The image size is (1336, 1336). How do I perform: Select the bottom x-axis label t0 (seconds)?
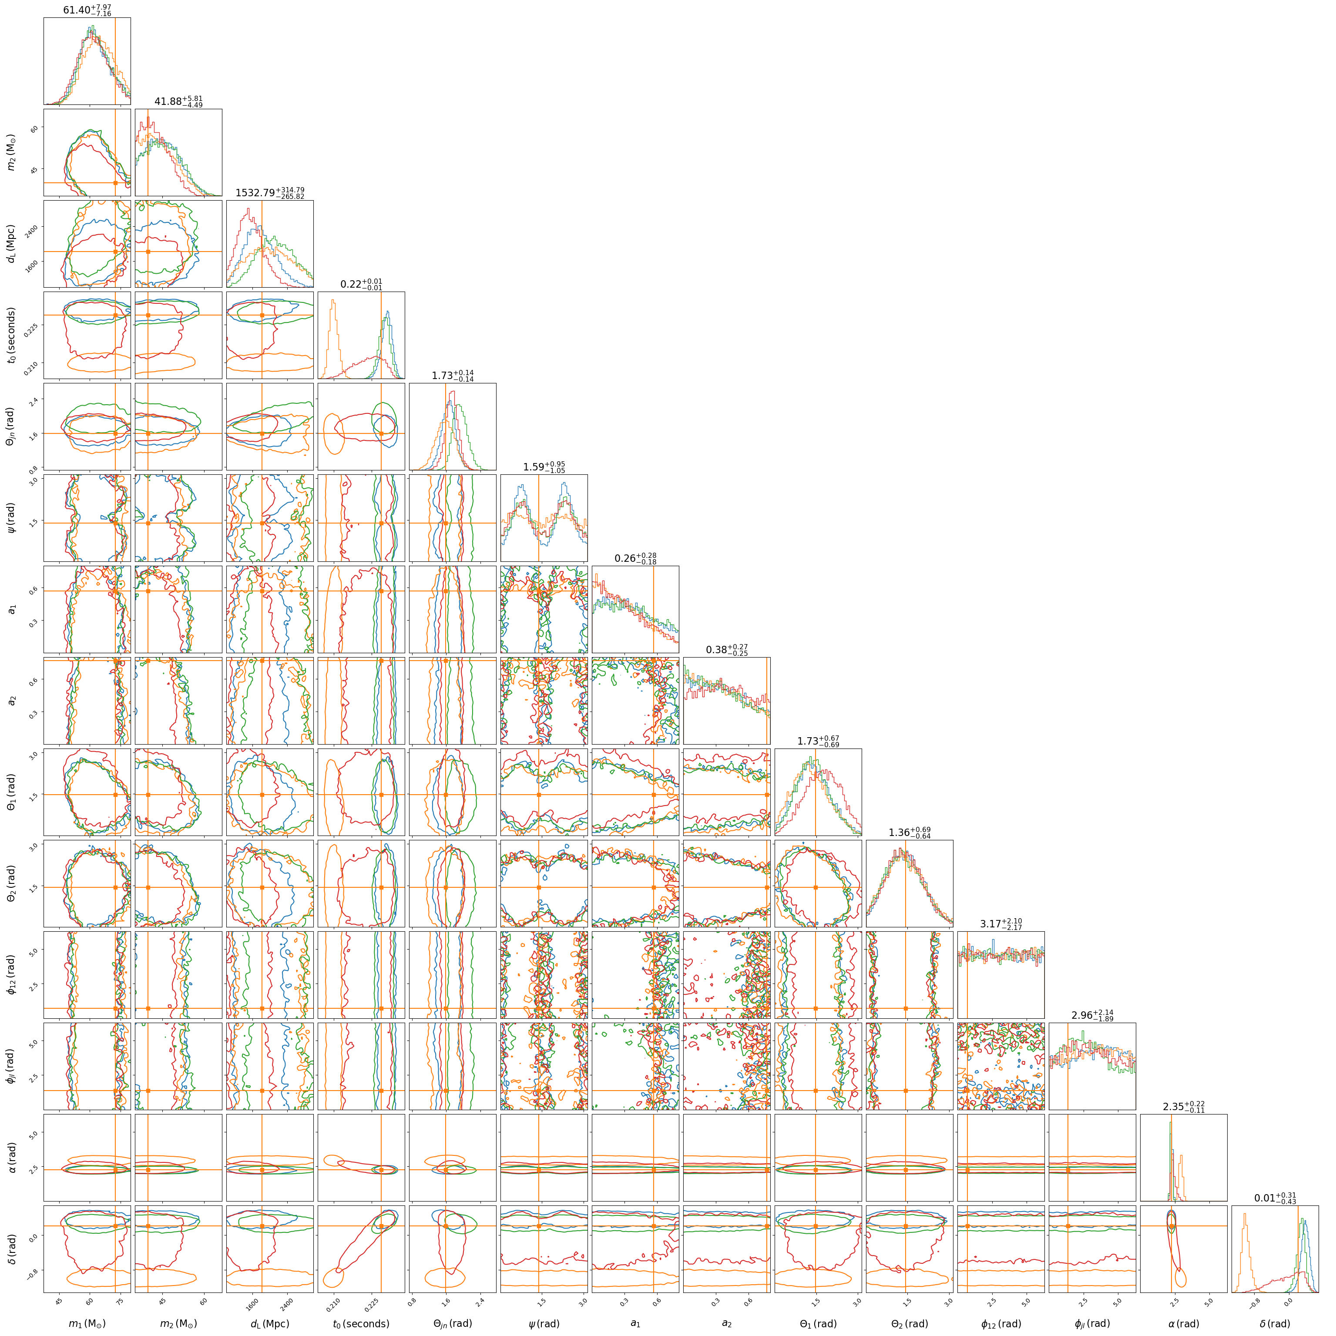361,1323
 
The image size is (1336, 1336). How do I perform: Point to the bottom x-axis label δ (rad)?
1275,1323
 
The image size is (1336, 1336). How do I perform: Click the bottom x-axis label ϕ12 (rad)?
1000,1323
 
